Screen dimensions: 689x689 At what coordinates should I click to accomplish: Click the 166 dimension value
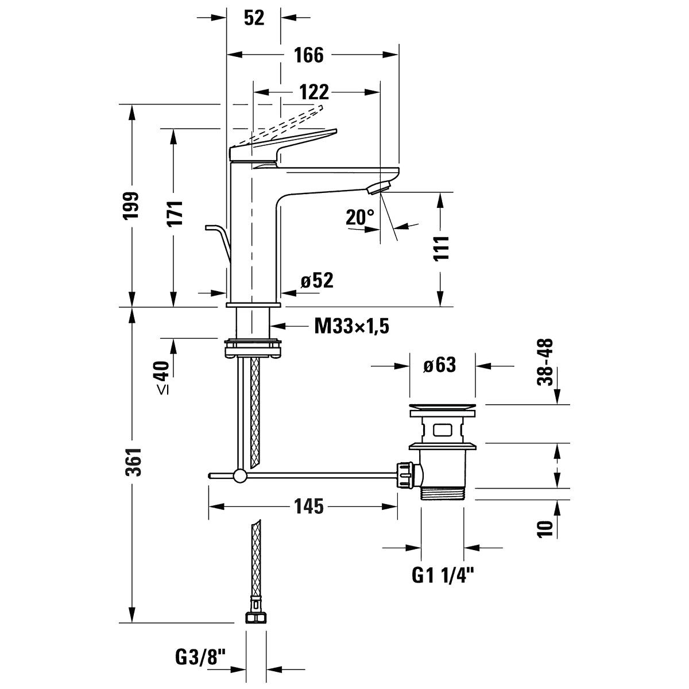pos(308,55)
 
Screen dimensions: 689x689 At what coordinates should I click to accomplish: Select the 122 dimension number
pos(313,92)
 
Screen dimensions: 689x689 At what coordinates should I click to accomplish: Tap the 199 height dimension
pos(131,206)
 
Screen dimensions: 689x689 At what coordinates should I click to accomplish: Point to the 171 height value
pos(175,213)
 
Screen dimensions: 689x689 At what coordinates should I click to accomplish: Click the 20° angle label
pos(359,217)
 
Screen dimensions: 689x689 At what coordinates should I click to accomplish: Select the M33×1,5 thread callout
pos(351,326)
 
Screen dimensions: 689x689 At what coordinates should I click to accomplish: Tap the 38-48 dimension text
pos(545,362)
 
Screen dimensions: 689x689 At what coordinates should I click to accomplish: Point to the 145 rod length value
pos(308,506)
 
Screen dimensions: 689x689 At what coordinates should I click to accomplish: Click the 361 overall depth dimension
pos(134,462)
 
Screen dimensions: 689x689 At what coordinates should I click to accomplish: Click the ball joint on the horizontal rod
pos(239,475)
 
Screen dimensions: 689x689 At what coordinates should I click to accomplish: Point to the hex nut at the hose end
pos(256,617)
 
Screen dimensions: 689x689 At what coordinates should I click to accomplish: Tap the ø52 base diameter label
pos(317,280)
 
